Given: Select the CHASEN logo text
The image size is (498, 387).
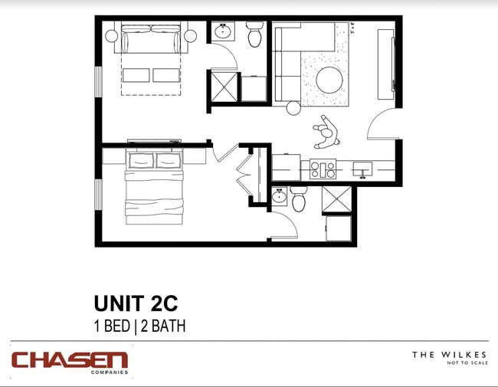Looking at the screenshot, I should coord(70,359).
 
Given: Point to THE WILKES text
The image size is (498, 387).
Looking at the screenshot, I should coord(449,355).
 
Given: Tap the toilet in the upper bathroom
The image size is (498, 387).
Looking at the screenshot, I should coord(254,34).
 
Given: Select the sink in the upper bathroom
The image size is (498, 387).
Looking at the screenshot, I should coord(223,32).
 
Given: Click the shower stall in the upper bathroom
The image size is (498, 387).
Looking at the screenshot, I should coord(224,87).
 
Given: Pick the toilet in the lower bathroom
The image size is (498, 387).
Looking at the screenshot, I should coord(299,199).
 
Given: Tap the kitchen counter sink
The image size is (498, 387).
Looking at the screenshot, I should coord(362,169).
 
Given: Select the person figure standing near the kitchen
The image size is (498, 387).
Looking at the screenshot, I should coord(326,134).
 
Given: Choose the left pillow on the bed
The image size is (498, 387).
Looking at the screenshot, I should coord(141,161).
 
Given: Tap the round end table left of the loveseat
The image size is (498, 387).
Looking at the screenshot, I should coord(111,36).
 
